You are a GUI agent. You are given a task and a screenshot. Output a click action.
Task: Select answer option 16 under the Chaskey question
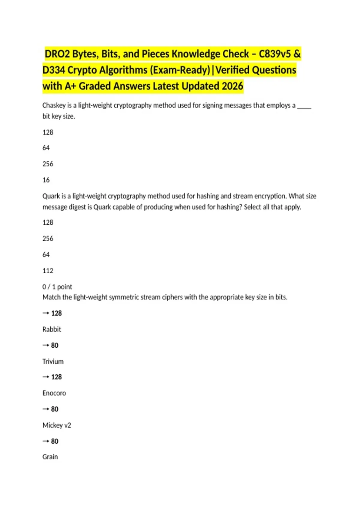pyautogui.click(x=46, y=180)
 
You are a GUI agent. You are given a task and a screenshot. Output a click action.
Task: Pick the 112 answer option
pyautogui.click(x=48, y=271)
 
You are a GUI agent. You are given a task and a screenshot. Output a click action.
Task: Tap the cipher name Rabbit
pyautogui.click(x=52, y=329)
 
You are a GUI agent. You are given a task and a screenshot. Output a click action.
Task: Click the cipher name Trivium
pyautogui.click(x=53, y=361)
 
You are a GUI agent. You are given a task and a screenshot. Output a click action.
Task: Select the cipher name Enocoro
pyautogui.click(x=54, y=393)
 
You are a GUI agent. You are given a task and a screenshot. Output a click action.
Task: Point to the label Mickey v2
pyautogui.click(x=57, y=425)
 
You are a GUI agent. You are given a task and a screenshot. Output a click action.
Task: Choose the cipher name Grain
pyautogui.click(x=50, y=457)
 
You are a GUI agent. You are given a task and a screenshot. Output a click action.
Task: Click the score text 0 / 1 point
pyautogui.click(x=57, y=287)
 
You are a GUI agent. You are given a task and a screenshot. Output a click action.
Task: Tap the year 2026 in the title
pyautogui.click(x=232, y=86)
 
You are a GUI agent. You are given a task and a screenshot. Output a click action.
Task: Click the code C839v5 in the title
pyautogui.click(x=274, y=54)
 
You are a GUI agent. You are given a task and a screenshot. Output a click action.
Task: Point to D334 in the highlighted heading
pyautogui.click(x=53, y=70)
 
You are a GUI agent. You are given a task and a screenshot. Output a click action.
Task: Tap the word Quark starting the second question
pyautogui.click(x=51, y=196)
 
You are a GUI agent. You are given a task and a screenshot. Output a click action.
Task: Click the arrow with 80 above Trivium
pyautogui.click(x=50, y=345)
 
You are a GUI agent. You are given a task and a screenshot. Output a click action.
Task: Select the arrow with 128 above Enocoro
pyautogui.click(x=52, y=377)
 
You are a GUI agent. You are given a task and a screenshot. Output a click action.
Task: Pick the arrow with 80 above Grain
pyautogui.click(x=50, y=441)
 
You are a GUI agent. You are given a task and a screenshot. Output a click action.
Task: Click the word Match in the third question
pyautogui.click(x=51, y=297)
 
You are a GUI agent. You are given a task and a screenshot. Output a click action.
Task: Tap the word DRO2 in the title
pyautogui.click(x=57, y=54)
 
